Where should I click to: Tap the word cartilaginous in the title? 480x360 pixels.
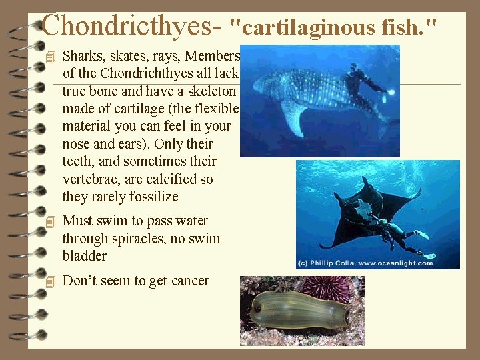pos(304,27)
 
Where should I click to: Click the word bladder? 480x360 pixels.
pos(84,256)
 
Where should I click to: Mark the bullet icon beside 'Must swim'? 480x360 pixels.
pos(45,221)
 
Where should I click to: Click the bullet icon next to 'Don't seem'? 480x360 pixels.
pos(45,281)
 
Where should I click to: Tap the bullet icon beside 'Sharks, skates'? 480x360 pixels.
pos(45,56)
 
